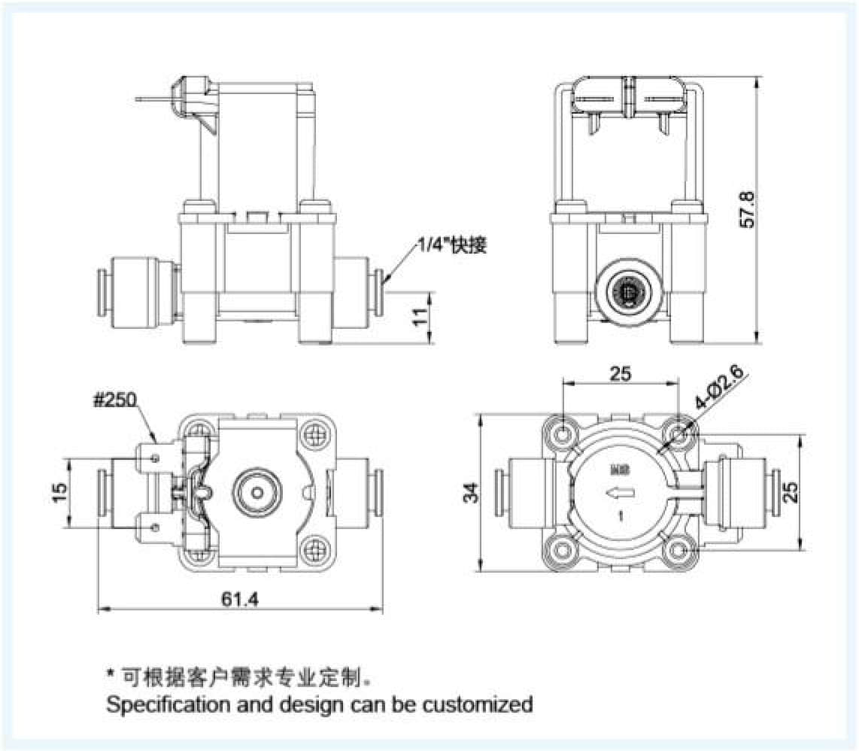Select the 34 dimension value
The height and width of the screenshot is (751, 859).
click(x=471, y=492)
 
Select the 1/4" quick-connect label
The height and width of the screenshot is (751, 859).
click(x=451, y=245)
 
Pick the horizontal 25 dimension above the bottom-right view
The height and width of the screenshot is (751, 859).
click(x=621, y=372)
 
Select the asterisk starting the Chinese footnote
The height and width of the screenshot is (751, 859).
click(x=110, y=675)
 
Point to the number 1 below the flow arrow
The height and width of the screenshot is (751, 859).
click(x=619, y=517)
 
